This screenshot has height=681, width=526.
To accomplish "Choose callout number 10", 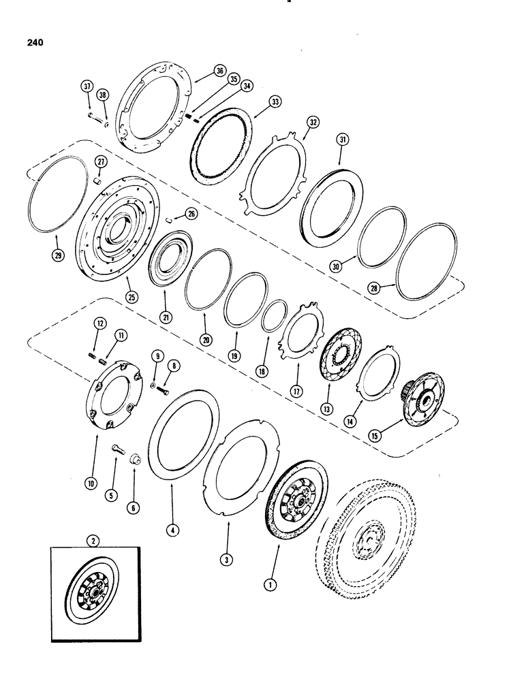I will pos(90,483).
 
